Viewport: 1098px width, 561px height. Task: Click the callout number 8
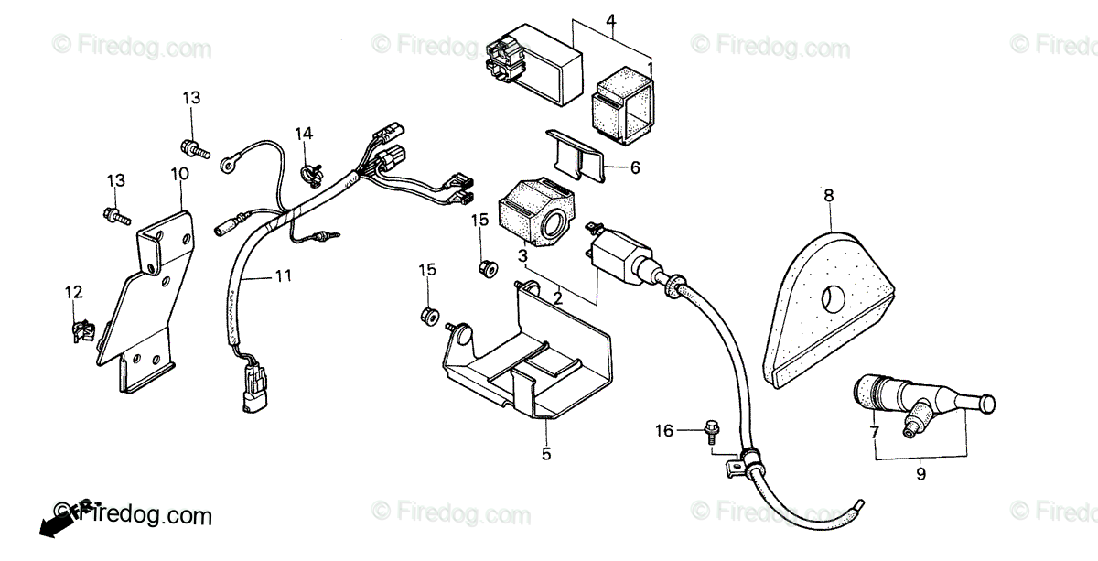[x=828, y=195]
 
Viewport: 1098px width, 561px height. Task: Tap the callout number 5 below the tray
[x=545, y=453]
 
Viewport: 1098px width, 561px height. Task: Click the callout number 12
[x=73, y=293]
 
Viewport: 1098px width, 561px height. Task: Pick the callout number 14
[x=304, y=135]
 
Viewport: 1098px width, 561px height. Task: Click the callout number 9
[x=920, y=474]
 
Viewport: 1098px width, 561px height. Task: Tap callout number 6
[x=635, y=167]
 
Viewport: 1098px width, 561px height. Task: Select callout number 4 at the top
[x=611, y=20]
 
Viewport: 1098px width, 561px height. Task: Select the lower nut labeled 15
[x=426, y=316]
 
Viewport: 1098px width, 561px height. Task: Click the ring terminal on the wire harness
[x=227, y=166]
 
